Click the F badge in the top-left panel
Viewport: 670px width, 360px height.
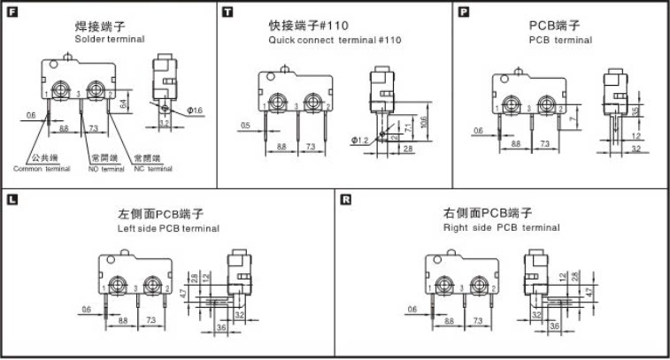click(11, 11)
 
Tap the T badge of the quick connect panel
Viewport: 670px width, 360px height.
click(228, 11)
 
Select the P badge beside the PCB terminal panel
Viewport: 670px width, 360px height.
click(464, 11)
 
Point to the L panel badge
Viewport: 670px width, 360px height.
click(11, 199)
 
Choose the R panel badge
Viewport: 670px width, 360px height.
click(345, 199)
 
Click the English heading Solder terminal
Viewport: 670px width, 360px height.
click(110, 40)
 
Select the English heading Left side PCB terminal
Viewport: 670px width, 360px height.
click(168, 228)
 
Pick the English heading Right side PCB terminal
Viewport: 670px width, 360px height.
click(501, 228)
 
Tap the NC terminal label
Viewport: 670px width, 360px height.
click(147, 168)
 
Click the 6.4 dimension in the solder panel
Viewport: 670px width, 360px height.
click(125, 103)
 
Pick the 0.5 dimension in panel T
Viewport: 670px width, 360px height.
click(245, 125)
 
